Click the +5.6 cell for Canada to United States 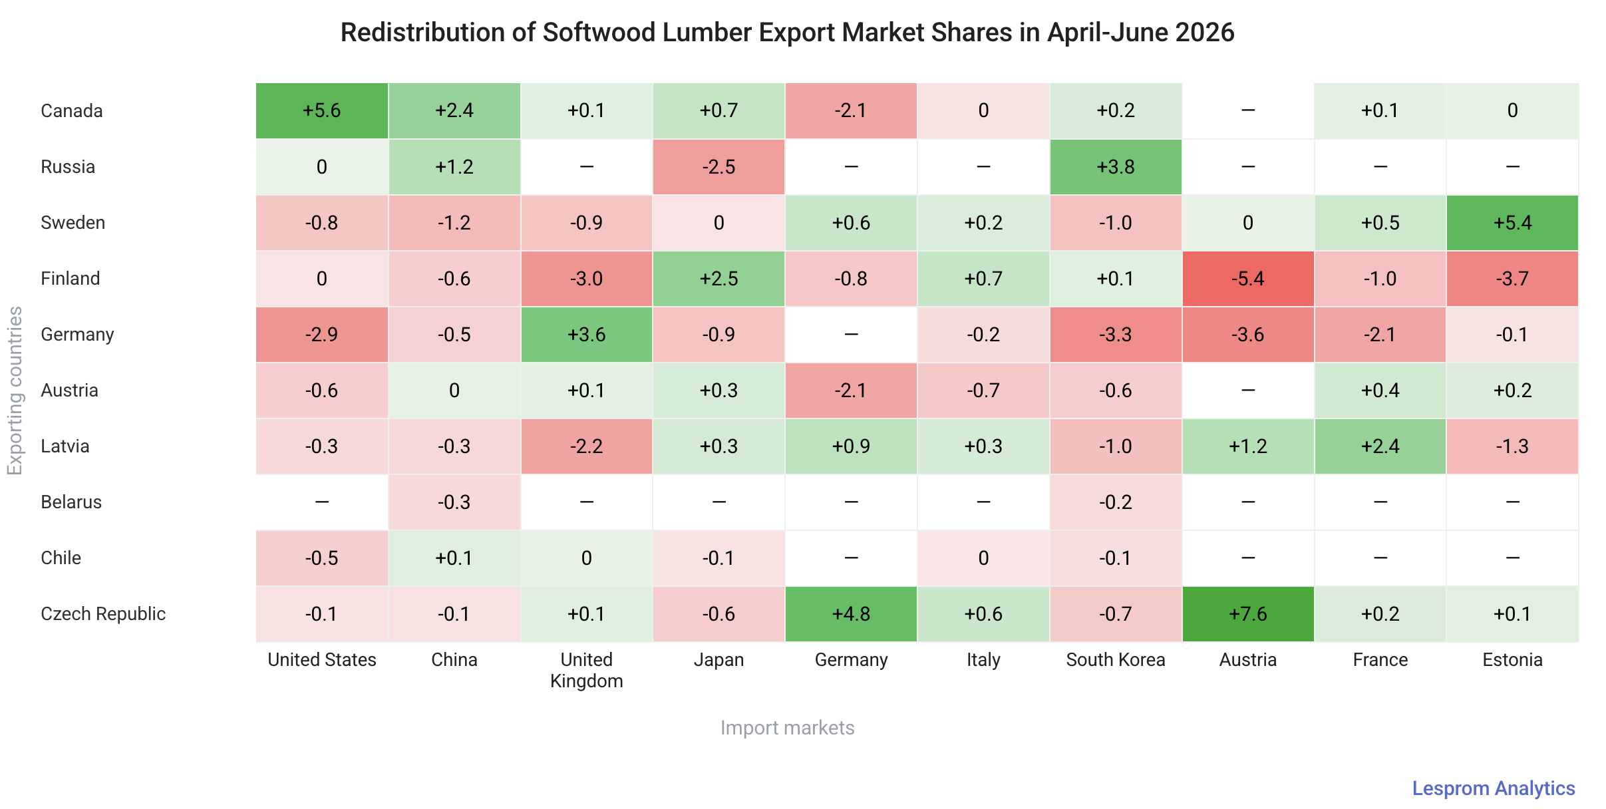point(322,111)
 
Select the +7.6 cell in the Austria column point(1248,614)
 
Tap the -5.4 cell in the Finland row point(1248,279)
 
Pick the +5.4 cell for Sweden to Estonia point(1512,223)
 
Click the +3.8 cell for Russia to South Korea point(1116,167)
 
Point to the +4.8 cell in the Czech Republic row point(851,614)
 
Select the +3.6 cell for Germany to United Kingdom point(586,335)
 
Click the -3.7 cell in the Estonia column point(1512,279)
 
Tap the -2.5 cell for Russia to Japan point(719,167)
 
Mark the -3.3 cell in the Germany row point(1116,335)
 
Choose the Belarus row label point(71,502)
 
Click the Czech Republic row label point(103,614)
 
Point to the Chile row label point(61,558)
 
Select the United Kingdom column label point(586,671)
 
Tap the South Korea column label point(1116,660)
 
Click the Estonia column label point(1512,660)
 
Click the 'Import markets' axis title point(787,728)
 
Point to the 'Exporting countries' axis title point(15,391)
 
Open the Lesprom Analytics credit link point(1494,788)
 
